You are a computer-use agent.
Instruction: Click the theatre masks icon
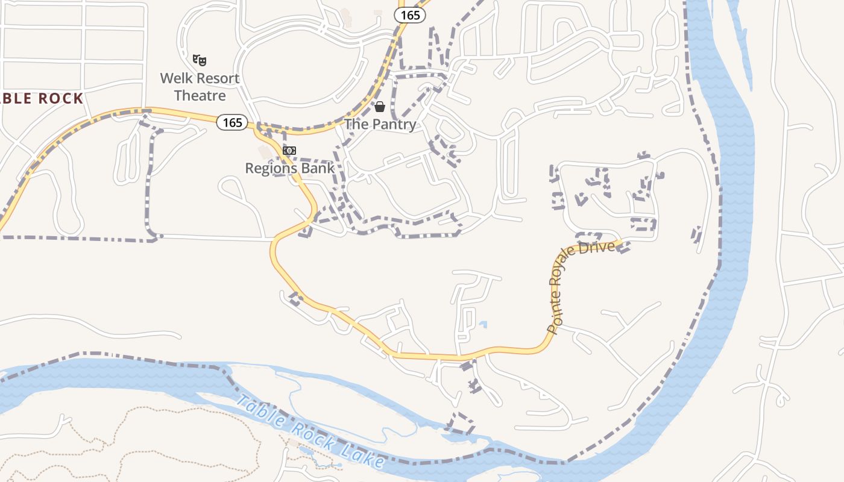tap(200, 60)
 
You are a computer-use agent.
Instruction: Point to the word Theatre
tap(200, 96)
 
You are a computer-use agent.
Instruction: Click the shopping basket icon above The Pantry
tap(380, 107)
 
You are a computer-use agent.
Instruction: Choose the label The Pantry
tap(380, 125)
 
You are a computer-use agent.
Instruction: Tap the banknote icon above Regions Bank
tap(289, 151)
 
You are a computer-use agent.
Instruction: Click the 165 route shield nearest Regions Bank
tap(232, 123)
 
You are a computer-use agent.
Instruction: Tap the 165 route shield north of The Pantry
tap(410, 15)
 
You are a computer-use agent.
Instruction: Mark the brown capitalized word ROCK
tap(60, 99)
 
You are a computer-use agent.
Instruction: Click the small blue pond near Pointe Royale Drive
tap(483, 325)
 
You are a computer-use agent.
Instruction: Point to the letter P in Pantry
tap(373, 125)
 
